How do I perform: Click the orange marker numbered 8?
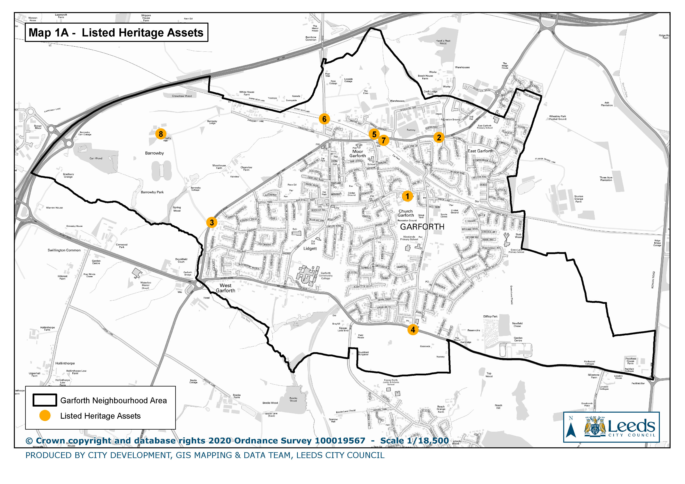161,134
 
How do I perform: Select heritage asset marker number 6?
324,119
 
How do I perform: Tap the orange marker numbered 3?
212,222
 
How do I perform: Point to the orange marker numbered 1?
407,196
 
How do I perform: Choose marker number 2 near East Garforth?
439,137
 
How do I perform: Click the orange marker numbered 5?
374,134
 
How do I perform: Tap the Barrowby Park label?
152,192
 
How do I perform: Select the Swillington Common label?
64,250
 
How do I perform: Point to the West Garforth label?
226,288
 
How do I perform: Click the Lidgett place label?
310,249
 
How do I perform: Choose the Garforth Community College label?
326,276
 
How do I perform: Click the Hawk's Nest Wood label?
443,42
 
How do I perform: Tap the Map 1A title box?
116,33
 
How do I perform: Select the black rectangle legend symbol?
45,400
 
